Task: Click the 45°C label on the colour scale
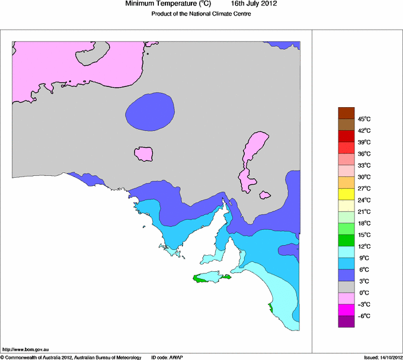pos(364,119)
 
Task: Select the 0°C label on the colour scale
pos(364,292)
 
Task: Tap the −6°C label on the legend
pos(364,316)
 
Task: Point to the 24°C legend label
pos(364,200)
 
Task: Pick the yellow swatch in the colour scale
pos(346,194)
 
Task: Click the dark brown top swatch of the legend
pos(346,113)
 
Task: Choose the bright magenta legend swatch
pos(346,310)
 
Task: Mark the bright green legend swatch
pos(346,240)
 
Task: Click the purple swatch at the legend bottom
pos(346,322)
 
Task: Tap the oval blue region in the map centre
pos(151,111)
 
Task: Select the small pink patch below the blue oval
pos(144,154)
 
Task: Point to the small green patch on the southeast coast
pos(271,307)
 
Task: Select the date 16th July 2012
pos(254,4)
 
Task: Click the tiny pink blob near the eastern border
pos(265,194)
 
